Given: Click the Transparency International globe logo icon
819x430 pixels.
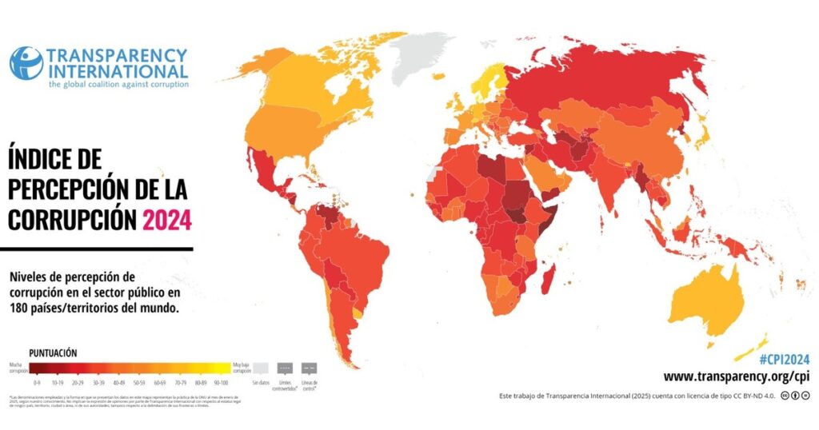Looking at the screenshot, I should point(26,63).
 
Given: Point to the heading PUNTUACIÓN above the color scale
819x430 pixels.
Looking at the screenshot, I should point(54,352).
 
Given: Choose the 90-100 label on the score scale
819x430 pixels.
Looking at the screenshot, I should point(220,384).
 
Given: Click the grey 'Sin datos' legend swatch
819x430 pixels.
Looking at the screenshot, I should point(261,368).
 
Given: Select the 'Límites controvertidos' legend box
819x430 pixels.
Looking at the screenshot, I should point(286,368).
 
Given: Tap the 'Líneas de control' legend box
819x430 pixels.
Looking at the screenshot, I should point(310,368).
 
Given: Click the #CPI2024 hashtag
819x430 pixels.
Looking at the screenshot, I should point(785,360).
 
